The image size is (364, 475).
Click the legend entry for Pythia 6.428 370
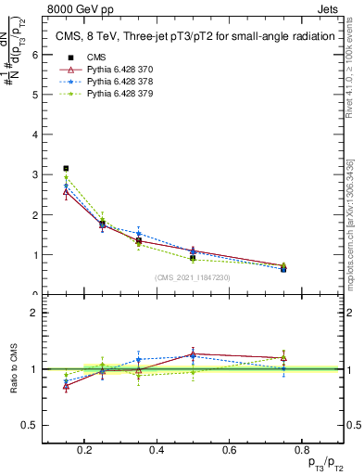click(x=119, y=69)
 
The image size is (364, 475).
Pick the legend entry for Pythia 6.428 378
click(x=119, y=81)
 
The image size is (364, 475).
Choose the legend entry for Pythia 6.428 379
click(x=119, y=94)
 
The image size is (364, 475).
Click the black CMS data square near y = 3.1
click(x=66, y=169)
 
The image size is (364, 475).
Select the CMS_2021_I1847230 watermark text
click(x=193, y=277)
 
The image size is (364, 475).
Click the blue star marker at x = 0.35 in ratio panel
click(x=138, y=359)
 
